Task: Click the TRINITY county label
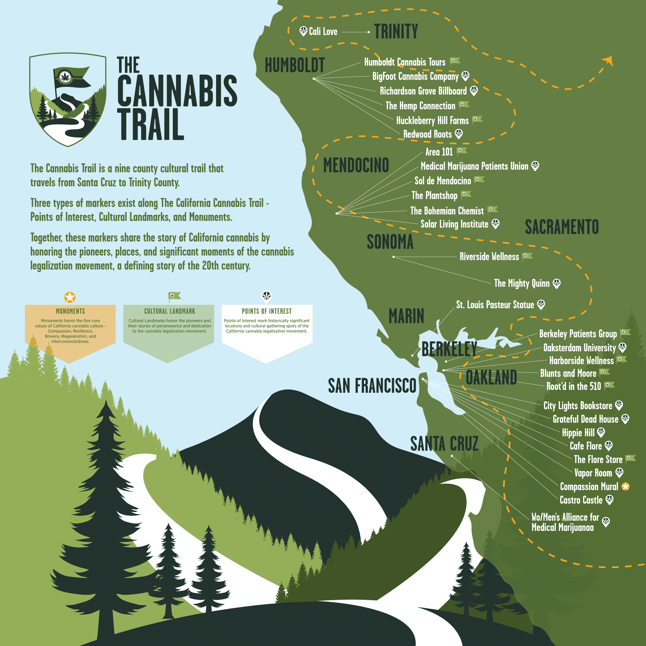[396, 31]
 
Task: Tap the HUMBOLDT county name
[295, 65]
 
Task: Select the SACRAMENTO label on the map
[562, 227]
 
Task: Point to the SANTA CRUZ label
[444, 444]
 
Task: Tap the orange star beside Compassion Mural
[626, 486]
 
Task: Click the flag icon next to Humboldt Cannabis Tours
[455, 61]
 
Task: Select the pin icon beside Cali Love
[303, 31]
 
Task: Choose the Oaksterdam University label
[579, 348]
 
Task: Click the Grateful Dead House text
[585, 419]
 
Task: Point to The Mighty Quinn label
[522, 284]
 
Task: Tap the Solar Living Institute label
[454, 224]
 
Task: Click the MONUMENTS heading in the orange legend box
[70, 311]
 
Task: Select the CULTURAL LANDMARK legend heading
[170, 311]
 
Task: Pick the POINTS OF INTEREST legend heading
[266, 311]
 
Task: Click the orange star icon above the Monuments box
[70, 297]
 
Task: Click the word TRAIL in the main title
[151, 125]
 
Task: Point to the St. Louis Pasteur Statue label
[495, 305]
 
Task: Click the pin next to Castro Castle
[610, 500]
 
